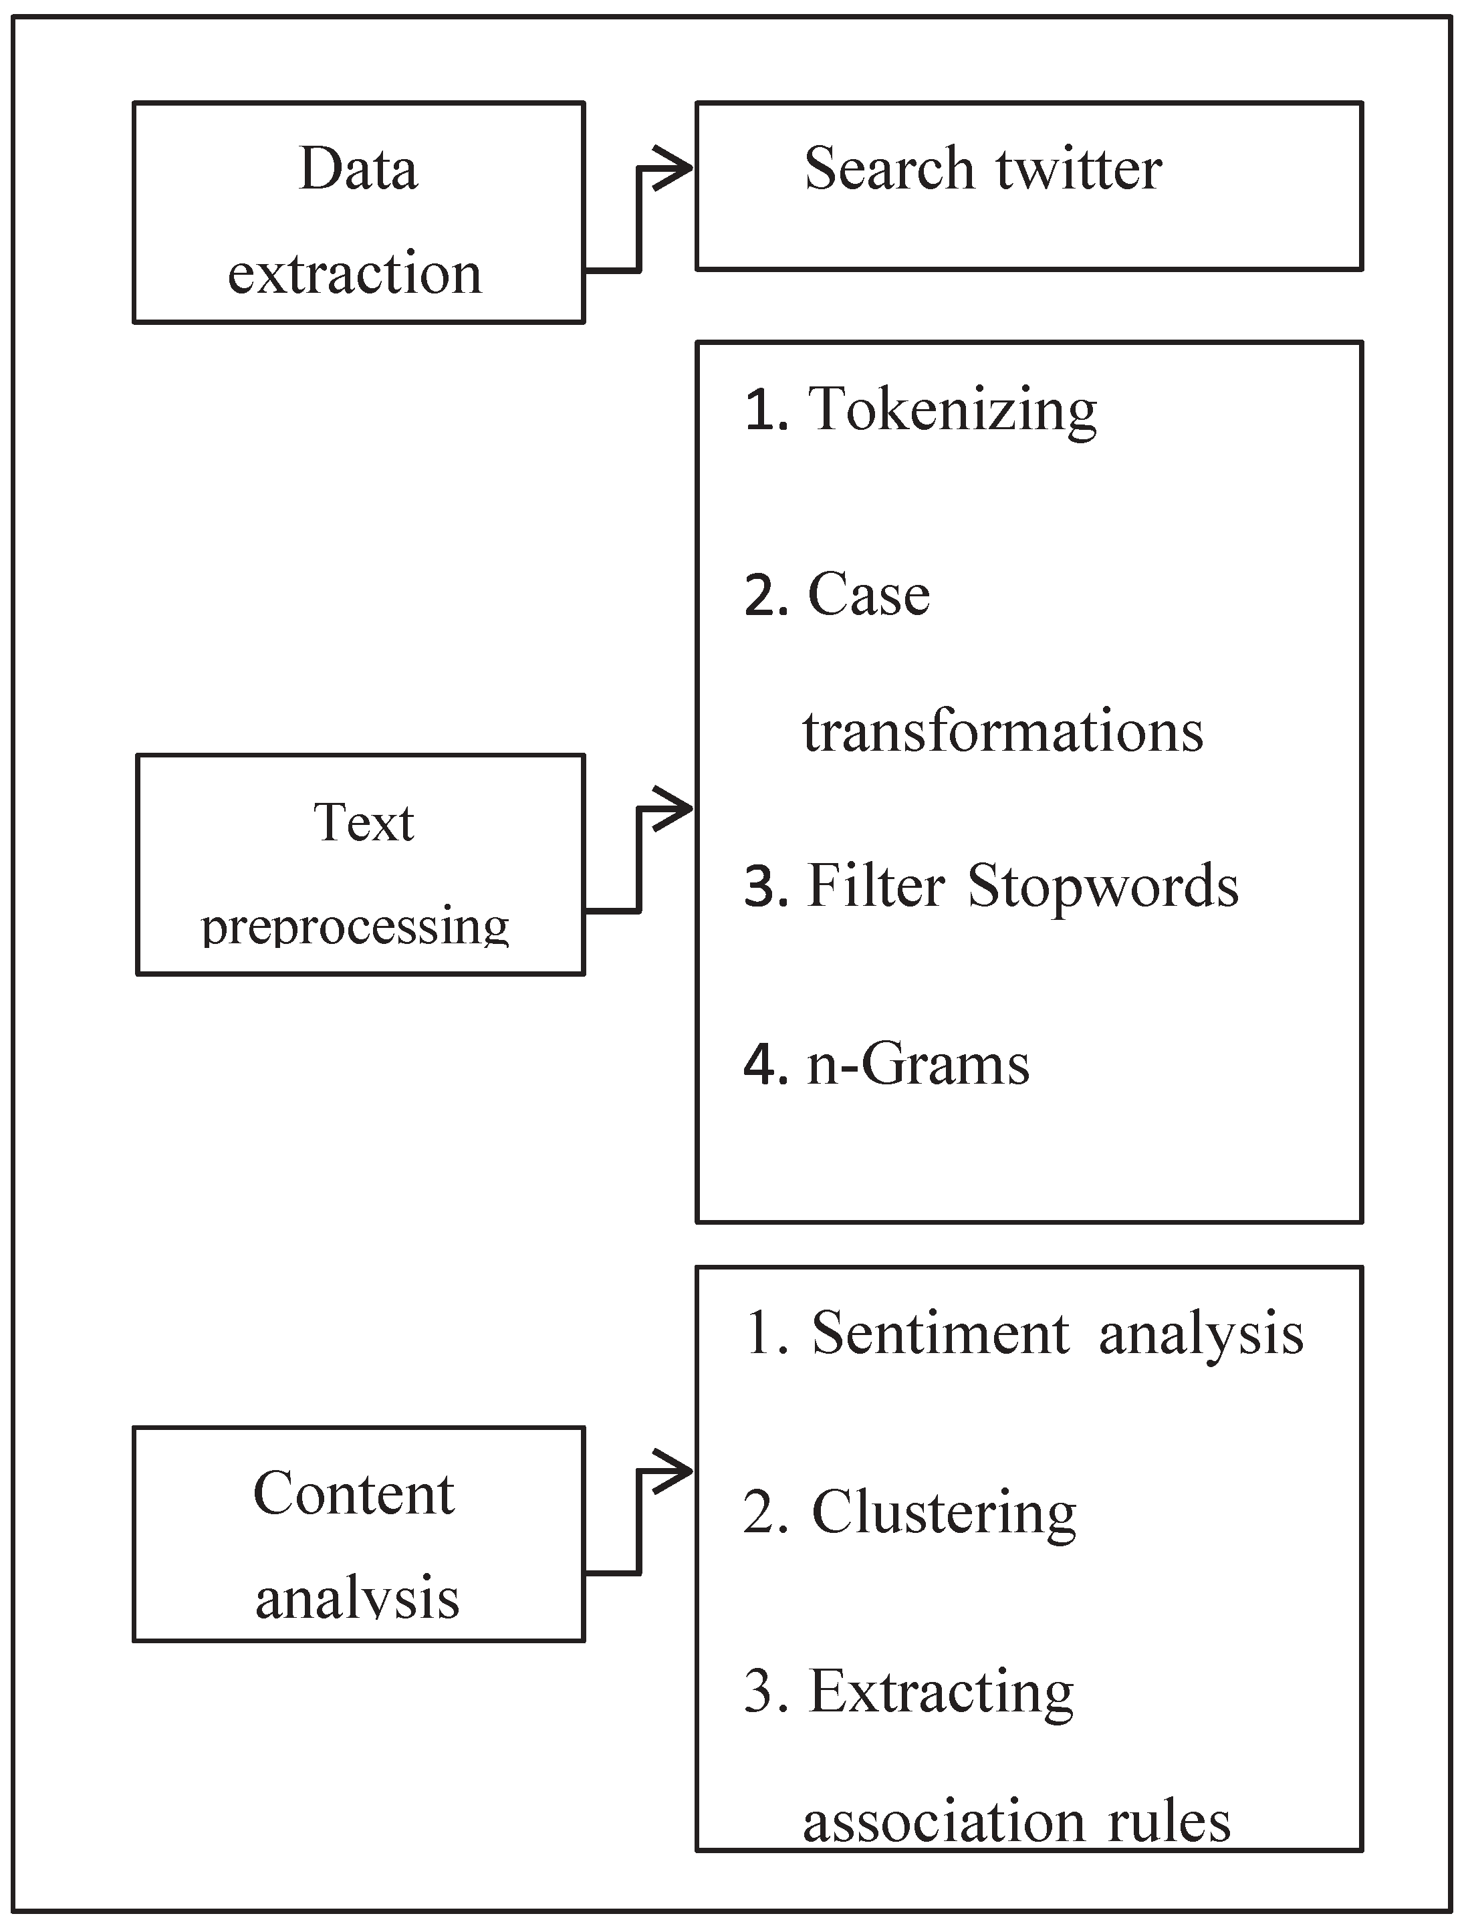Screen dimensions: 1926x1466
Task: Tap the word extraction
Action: [354, 273]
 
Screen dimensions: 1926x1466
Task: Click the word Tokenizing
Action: [952, 410]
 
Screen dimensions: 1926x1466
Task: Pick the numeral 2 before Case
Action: [765, 596]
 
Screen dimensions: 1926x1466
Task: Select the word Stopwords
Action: [1103, 886]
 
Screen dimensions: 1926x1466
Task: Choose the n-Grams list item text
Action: [918, 1065]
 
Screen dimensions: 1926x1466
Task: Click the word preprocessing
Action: [354, 927]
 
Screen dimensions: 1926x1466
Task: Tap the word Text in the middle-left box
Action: [363, 822]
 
